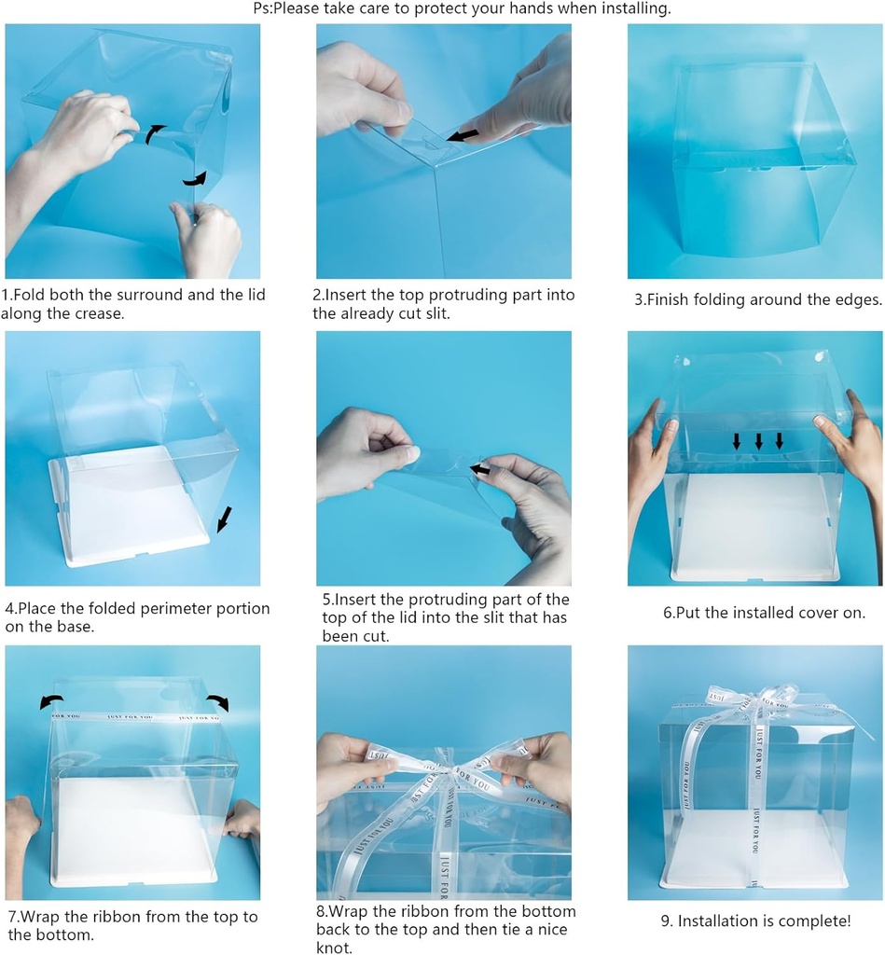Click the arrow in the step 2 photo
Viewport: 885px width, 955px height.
coord(463,136)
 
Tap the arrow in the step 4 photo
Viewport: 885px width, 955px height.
coord(225,519)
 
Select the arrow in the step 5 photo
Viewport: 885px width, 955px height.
coord(480,470)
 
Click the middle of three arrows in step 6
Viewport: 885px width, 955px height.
coord(758,440)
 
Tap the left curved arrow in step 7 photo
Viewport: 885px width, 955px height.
coord(51,701)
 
